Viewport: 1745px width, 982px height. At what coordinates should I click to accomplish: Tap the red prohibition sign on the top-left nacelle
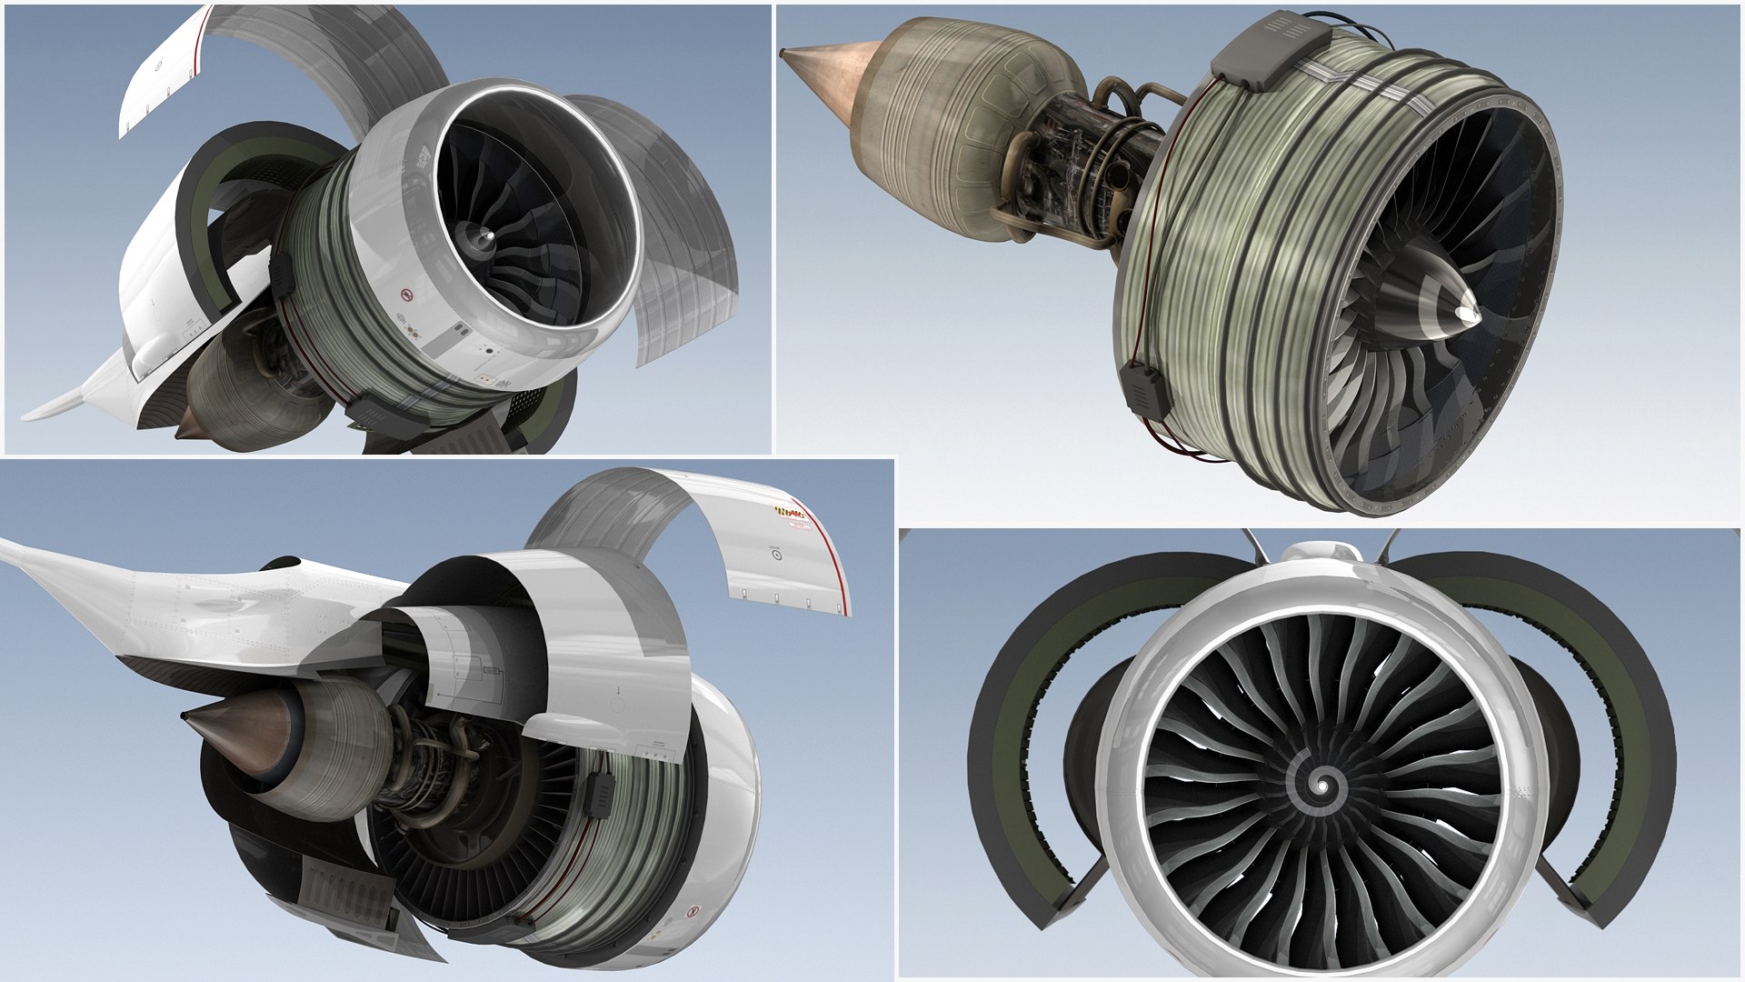[406, 296]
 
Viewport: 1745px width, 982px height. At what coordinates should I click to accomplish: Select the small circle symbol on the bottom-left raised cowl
[777, 551]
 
